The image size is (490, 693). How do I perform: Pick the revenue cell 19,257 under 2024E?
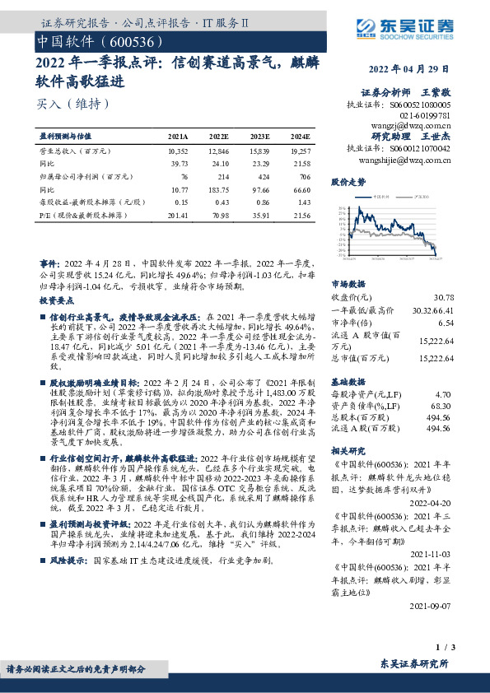[301, 152]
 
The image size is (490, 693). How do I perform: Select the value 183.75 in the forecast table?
[218, 190]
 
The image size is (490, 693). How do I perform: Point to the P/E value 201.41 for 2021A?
[177, 215]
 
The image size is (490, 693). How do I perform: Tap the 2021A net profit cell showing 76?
[184, 177]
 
